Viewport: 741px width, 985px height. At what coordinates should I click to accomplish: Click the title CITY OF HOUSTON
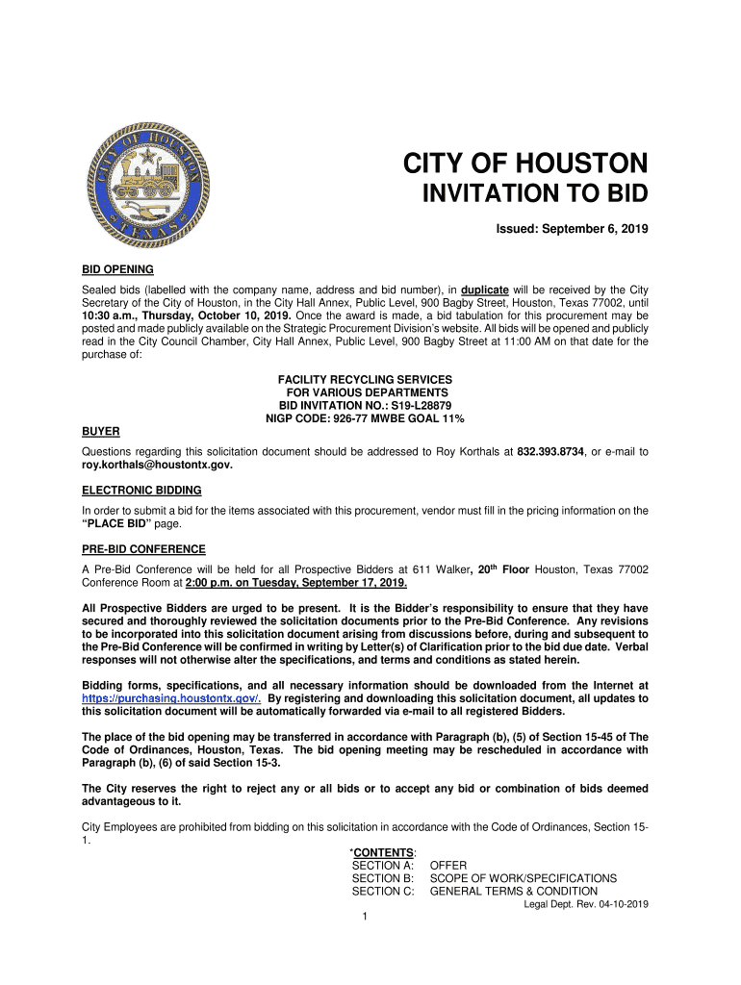tap(524, 163)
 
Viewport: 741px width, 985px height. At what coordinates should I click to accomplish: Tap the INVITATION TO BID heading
tap(536, 195)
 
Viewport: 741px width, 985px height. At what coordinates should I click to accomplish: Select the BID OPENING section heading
tap(117, 269)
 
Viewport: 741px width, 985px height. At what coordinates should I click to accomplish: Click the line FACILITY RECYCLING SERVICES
tap(365, 380)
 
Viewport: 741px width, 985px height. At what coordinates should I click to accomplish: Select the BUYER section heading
tap(100, 432)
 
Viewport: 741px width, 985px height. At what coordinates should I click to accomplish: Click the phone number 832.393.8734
tap(551, 452)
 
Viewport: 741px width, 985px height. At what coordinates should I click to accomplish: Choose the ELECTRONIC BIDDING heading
tap(141, 491)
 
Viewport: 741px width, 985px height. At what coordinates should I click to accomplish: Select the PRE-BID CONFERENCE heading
tap(143, 549)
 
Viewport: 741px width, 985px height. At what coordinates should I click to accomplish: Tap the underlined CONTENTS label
tap(385, 853)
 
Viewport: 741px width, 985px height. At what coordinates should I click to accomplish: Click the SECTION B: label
tap(382, 878)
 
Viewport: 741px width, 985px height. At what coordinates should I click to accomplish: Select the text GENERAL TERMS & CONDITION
tap(513, 892)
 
